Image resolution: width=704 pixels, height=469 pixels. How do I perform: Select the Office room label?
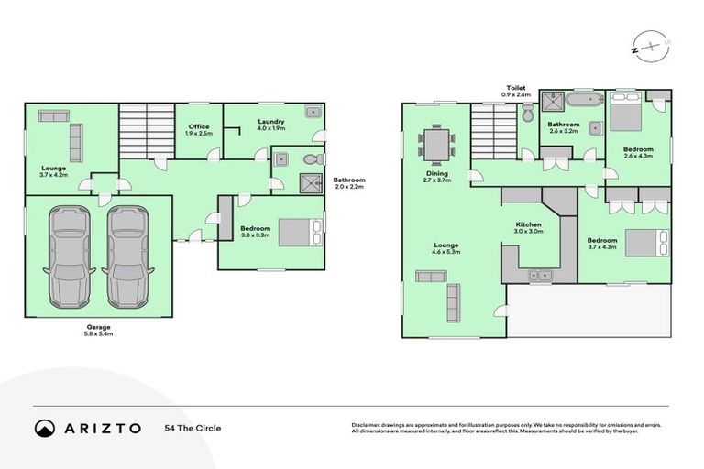tap(199, 126)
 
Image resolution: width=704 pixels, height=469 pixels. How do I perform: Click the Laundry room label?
tap(270, 121)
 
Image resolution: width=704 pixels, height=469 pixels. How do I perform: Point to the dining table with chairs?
tap(436, 144)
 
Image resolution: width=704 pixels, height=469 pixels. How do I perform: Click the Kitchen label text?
tap(528, 224)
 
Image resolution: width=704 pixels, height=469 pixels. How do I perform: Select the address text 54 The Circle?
tap(192, 428)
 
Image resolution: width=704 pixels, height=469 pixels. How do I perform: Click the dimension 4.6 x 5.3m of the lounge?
tap(446, 252)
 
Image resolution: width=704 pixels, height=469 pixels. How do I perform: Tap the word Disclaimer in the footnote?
tap(368, 425)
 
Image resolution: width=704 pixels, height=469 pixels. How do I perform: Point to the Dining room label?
tap(435, 174)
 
